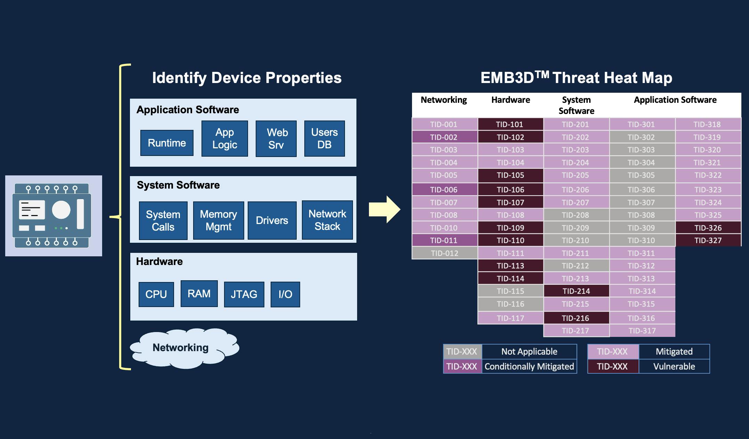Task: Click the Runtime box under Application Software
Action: tap(167, 143)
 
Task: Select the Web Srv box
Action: tap(276, 139)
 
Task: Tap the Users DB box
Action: tap(324, 139)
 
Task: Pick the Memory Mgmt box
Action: tap(219, 221)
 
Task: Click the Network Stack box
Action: tap(327, 220)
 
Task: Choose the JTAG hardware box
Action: tap(244, 294)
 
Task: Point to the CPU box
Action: tap(156, 294)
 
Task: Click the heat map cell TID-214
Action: tap(576, 291)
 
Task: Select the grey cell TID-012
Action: tap(444, 253)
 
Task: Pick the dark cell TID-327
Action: tap(708, 240)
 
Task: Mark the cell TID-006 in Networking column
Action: tap(444, 190)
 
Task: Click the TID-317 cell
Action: tap(642, 331)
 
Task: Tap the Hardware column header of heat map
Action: tap(510, 100)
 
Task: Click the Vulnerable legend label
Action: tap(674, 366)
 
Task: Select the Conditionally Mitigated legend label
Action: tap(529, 366)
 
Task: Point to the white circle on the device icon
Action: tap(61, 210)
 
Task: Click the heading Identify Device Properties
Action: tap(247, 78)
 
